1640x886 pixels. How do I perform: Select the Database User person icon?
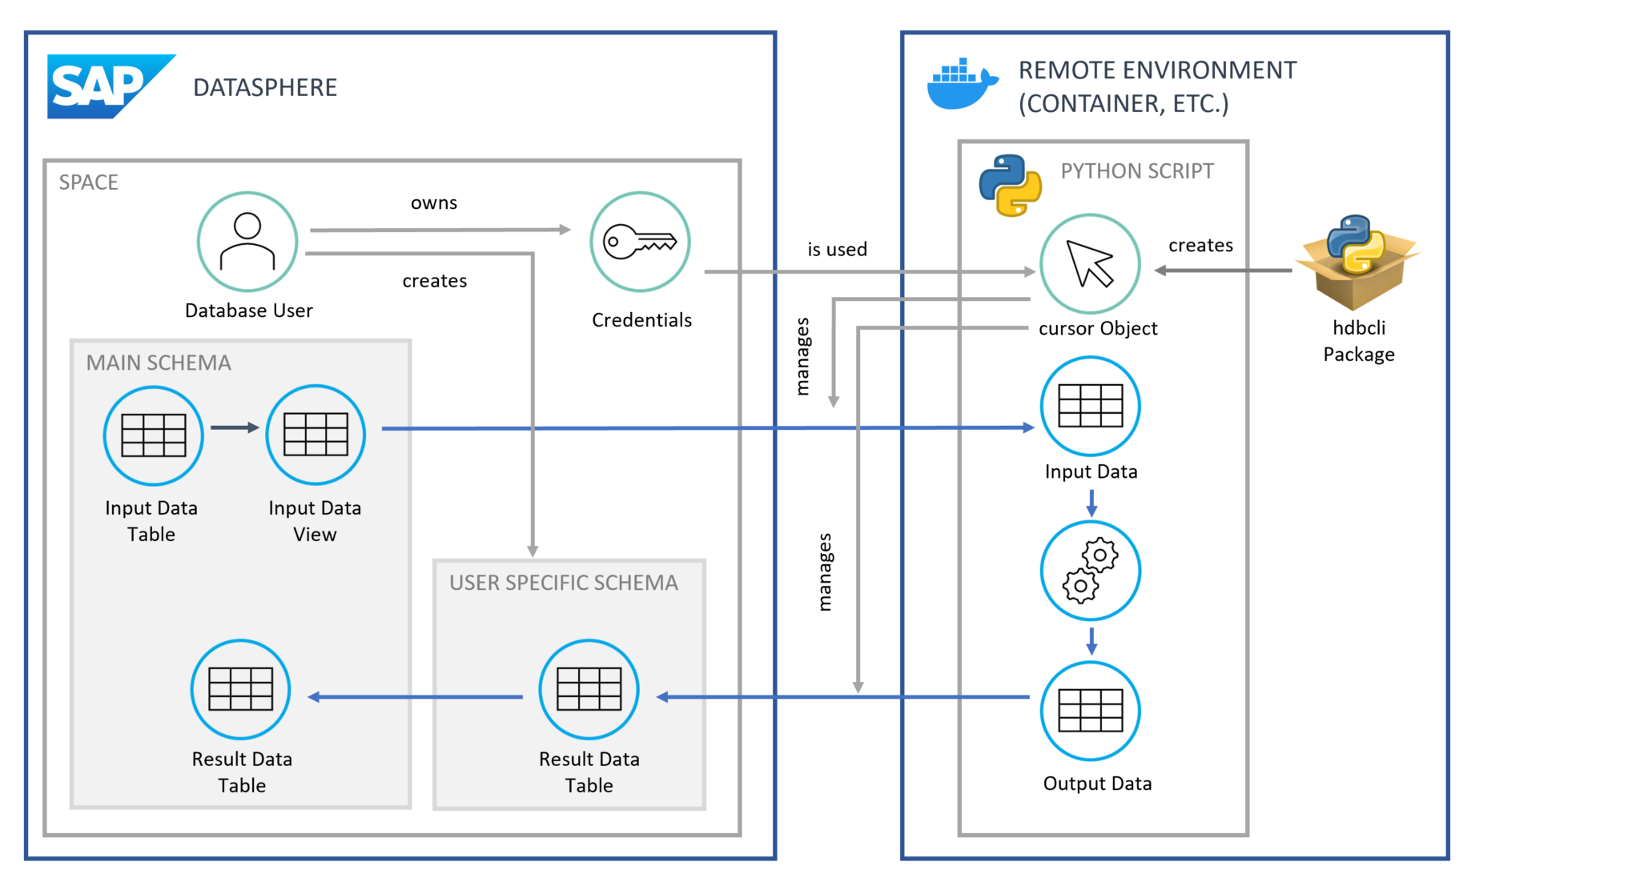click(247, 242)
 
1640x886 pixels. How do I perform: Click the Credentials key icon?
click(640, 242)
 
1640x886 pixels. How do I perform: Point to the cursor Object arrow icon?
click(1090, 264)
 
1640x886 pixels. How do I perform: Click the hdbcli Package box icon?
click(1357, 263)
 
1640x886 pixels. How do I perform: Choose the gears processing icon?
click(1090, 571)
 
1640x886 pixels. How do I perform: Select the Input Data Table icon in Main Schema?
click(153, 435)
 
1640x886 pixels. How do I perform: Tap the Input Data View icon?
click(316, 435)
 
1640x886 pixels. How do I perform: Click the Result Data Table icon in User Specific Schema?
click(589, 689)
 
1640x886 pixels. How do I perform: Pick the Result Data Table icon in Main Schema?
click(240, 689)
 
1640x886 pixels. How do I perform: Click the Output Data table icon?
click(1090, 711)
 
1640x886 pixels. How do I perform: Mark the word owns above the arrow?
click(434, 203)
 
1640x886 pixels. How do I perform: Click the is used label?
click(837, 250)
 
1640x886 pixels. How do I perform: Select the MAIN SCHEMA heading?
click(159, 363)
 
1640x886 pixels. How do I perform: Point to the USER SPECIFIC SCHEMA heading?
click(563, 583)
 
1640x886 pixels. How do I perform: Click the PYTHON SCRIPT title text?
click(1136, 171)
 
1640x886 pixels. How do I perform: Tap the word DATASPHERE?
click(265, 87)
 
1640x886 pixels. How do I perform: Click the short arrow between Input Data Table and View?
click(234, 427)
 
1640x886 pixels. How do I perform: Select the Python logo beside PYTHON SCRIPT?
click(1010, 186)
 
